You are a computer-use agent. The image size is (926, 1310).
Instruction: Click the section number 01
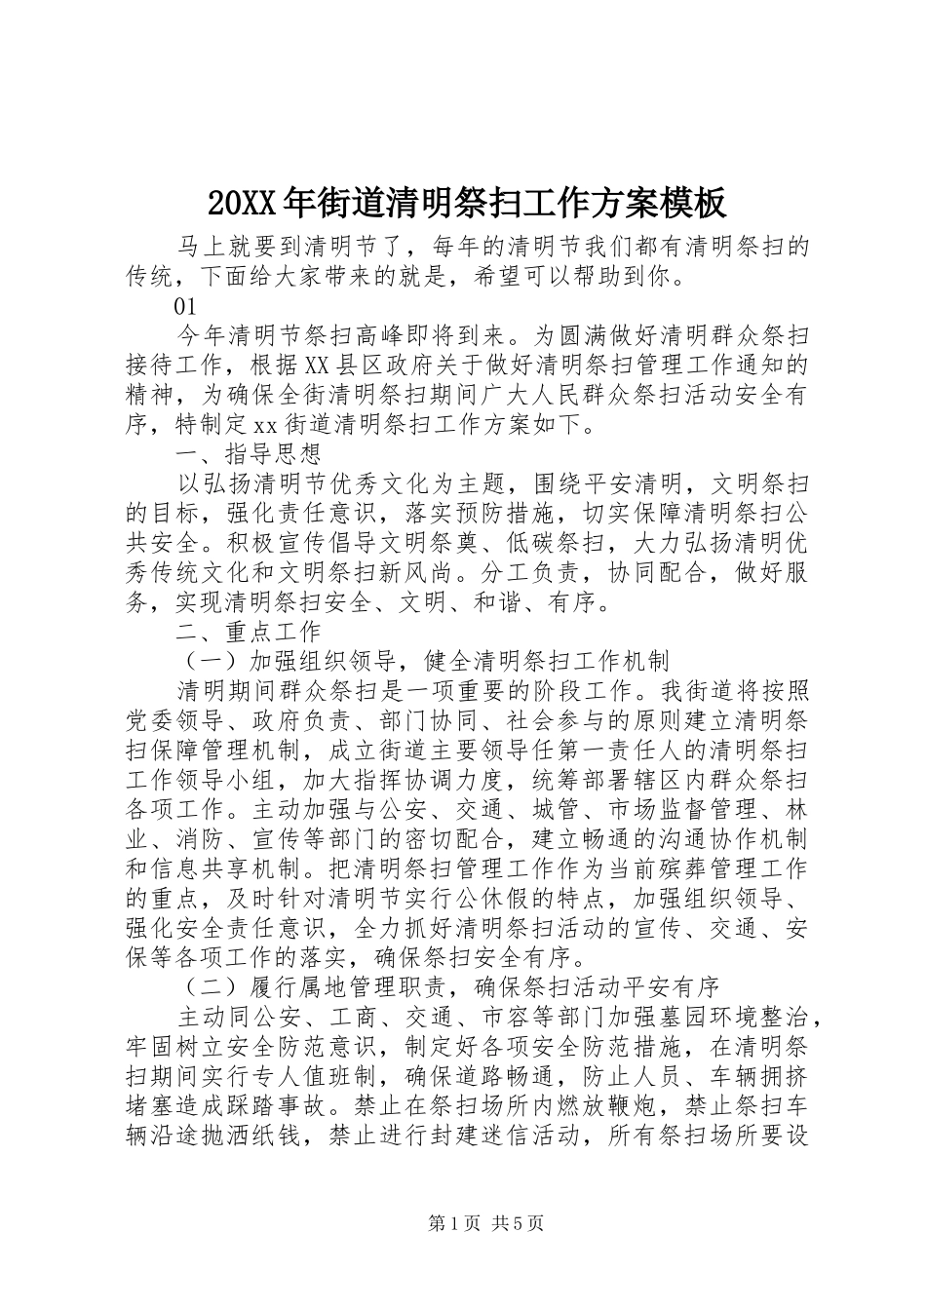pos(186,306)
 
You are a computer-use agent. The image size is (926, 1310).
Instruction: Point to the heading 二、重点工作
pos(248,631)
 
